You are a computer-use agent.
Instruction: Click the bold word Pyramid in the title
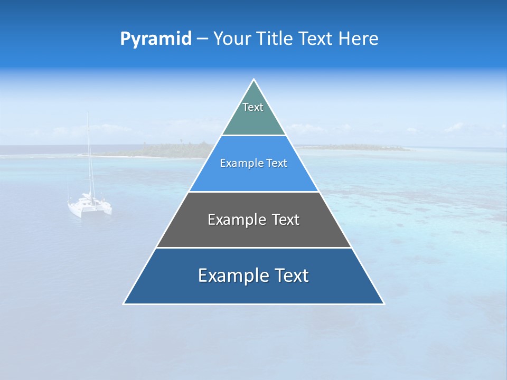[155, 39]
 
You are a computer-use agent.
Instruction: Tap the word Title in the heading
[275, 39]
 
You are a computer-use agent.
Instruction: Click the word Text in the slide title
[316, 39]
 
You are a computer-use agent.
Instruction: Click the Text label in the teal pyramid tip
[253, 107]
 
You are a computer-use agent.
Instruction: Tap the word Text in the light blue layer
[277, 164]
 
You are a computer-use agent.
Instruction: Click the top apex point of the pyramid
[253, 80]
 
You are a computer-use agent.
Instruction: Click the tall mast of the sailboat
[88, 153]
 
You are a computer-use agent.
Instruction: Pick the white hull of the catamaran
[90, 207]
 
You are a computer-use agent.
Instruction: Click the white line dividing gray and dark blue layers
[253, 248]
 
